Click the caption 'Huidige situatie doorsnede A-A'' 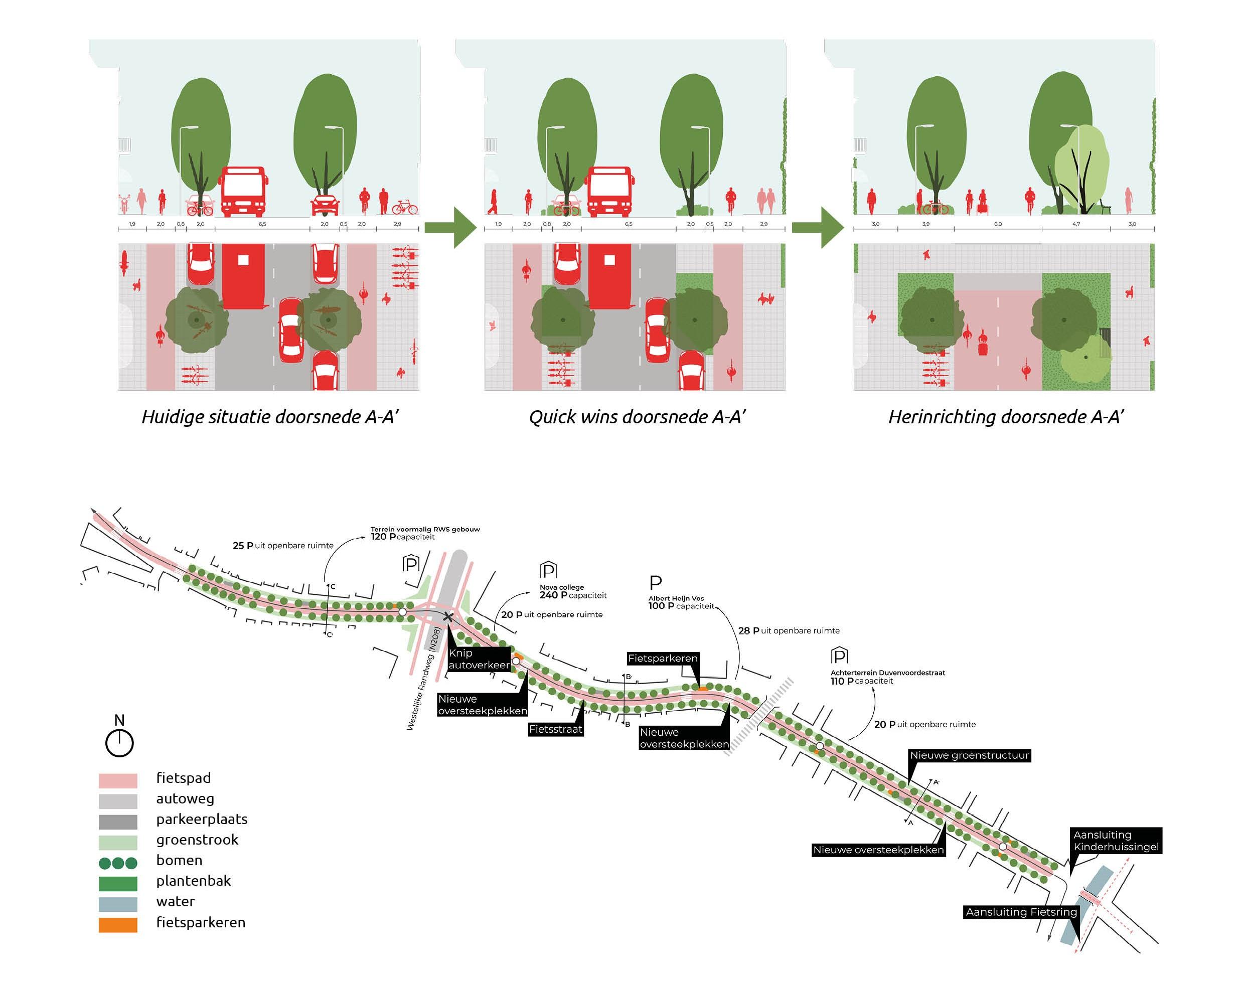270,416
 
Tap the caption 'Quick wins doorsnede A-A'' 637,416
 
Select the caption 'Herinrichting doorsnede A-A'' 1006,416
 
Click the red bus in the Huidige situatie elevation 243,191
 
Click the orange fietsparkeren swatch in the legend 118,925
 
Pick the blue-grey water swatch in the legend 118,904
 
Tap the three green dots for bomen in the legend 118,863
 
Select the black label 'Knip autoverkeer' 479,659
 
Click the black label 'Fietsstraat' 555,729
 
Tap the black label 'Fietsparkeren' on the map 662,658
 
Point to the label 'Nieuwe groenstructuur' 970,755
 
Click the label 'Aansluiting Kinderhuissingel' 1116,841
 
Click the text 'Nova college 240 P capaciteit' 573,592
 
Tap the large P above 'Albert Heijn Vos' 655,583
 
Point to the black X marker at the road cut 448,617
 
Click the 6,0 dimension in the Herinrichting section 998,224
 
